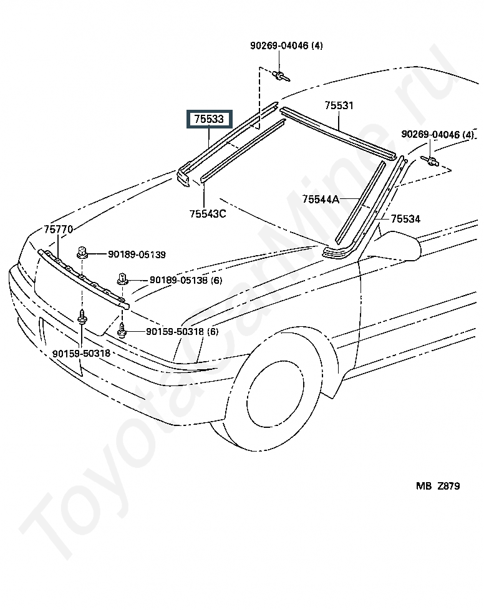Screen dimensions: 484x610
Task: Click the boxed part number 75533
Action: pos(210,119)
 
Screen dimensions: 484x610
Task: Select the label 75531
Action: pos(339,105)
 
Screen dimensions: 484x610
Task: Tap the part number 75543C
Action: pos(208,214)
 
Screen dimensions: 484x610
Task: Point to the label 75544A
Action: pos(321,200)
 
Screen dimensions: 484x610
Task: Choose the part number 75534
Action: pos(405,219)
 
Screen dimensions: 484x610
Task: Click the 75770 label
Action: pos(59,230)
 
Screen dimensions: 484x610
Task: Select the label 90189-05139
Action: pos(137,255)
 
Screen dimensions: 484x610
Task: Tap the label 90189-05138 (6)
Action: pos(186,280)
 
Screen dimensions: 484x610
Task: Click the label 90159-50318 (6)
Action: pos(182,332)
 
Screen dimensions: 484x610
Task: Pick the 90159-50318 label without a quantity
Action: pos(81,353)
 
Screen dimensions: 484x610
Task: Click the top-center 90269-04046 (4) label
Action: pos(286,46)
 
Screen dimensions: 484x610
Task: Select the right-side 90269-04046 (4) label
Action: pos(437,135)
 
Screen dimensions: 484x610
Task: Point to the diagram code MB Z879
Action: pos(438,487)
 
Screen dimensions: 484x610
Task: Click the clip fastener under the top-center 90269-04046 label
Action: pos(281,75)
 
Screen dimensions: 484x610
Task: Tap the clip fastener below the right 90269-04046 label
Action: pos(430,160)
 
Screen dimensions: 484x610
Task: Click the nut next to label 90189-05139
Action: pos(82,252)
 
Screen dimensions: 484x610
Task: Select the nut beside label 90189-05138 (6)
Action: pos(122,279)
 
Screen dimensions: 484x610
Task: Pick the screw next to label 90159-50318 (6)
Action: pos(122,331)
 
